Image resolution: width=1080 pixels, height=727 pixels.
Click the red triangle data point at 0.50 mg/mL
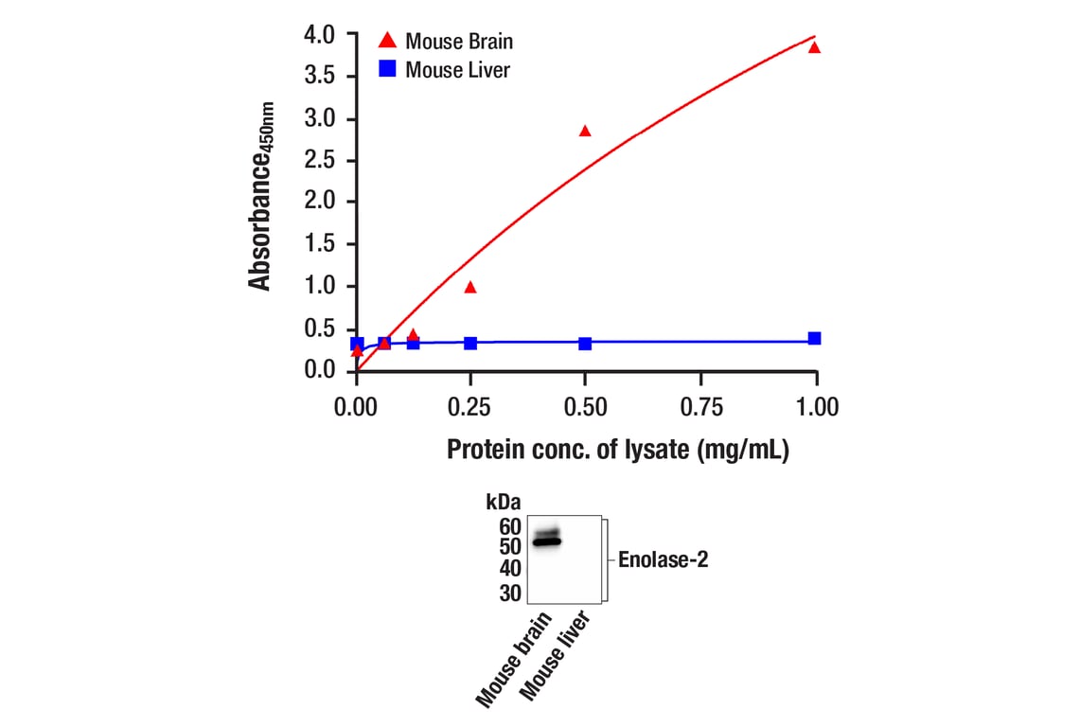tap(585, 131)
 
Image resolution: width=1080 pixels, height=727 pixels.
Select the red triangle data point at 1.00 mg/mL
tap(814, 47)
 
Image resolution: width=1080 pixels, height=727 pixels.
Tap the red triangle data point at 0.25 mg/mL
tap(470, 287)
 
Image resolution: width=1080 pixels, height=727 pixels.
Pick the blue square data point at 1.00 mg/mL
tap(814, 338)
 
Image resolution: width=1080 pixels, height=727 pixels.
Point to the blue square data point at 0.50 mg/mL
tap(585, 343)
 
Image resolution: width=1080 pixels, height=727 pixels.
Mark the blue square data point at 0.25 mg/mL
tap(470, 343)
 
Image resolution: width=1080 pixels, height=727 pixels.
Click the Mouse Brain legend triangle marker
tap(386, 40)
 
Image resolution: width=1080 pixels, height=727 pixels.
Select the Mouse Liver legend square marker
tap(386, 68)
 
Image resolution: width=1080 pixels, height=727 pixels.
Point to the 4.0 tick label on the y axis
tap(319, 35)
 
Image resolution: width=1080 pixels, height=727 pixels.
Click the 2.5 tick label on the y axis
tap(319, 160)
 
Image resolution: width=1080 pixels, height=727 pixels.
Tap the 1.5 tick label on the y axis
tap(319, 244)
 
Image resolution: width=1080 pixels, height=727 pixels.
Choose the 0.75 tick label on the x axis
tap(701, 407)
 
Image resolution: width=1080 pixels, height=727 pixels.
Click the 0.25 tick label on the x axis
tap(471, 407)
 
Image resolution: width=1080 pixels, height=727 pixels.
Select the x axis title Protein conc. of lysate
tap(618, 450)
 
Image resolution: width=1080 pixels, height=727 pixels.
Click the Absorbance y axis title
tap(260, 196)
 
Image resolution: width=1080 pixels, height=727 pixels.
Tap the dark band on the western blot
tap(546, 541)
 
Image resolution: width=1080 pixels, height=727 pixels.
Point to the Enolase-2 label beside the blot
tap(664, 559)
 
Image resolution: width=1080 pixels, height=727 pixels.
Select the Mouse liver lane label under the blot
tap(558, 655)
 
